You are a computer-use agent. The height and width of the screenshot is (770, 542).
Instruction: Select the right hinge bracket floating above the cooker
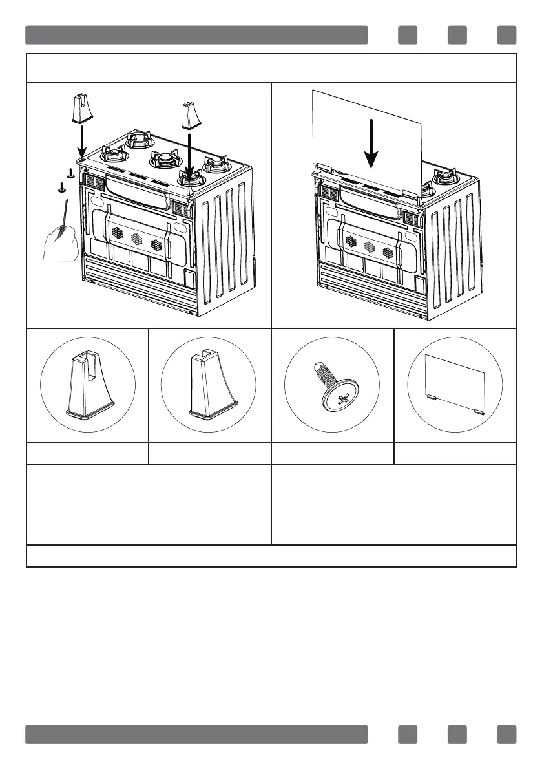(x=191, y=114)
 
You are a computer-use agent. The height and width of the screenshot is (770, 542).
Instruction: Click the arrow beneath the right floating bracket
(x=190, y=155)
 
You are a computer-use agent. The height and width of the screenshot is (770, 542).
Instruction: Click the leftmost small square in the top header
(x=408, y=34)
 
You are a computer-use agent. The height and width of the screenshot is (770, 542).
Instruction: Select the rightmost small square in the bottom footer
(x=507, y=734)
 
